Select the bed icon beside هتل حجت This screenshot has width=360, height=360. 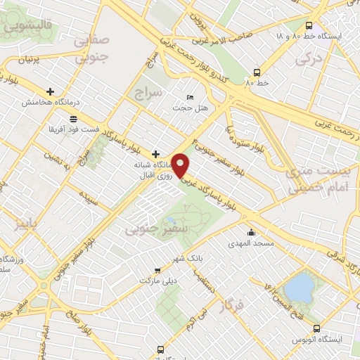[189, 97]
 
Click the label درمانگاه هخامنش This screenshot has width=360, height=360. [49, 103]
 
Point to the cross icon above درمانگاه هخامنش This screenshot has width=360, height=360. [50, 91]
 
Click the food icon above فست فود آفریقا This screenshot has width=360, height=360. [73, 118]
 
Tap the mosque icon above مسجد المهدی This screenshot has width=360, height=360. [251, 233]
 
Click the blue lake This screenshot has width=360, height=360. [298, 287]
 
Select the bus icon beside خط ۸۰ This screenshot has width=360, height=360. [256, 72]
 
